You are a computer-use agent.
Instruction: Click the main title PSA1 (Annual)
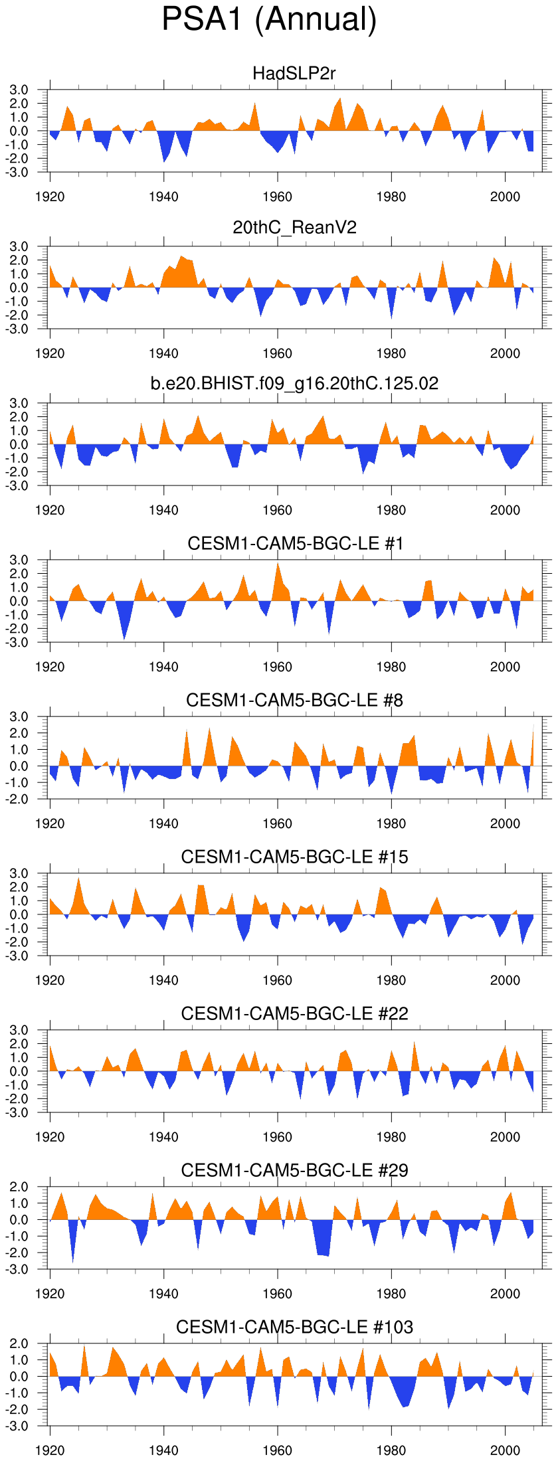coord(269,20)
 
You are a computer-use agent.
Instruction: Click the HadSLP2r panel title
coord(294,73)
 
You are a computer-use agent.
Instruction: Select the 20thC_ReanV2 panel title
coord(294,228)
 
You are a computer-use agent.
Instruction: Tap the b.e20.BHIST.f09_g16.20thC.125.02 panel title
coord(294,383)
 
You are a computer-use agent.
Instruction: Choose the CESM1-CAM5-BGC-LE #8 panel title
coord(294,700)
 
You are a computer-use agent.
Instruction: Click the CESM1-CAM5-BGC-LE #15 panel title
coord(294,857)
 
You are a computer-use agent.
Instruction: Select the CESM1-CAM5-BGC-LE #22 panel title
coord(294,1013)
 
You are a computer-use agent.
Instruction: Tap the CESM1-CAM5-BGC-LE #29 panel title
coord(294,1170)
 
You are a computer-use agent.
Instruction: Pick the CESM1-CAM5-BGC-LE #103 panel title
coord(294,1327)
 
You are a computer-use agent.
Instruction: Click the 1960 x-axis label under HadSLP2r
coord(277,197)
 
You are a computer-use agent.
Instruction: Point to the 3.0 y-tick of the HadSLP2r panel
coord(20,90)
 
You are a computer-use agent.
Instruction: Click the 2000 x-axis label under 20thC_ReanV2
coord(505,353)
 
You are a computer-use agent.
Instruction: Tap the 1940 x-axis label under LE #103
coord(163,1450)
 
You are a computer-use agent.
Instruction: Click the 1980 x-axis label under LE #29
coord(391,1294)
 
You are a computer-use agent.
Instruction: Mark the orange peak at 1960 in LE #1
coord(278,565)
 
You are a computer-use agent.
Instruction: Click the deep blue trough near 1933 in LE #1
coord(124,638)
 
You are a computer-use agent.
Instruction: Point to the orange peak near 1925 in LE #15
coord(78,881)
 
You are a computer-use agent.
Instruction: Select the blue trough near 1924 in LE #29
coord(73,1259)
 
